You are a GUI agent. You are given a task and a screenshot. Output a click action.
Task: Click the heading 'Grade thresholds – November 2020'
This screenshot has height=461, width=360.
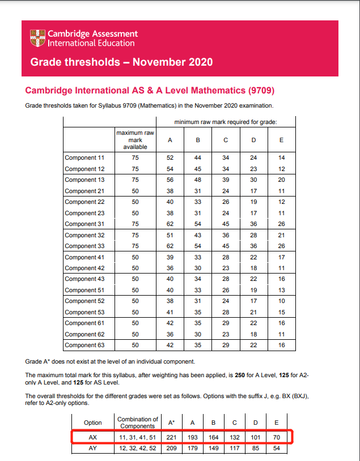[x=121, y=61]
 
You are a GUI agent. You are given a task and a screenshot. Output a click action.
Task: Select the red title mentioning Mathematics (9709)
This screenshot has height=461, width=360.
[x=150, y=91]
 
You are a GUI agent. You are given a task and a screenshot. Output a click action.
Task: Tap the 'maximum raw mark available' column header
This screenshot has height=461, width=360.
[x=135, y=139]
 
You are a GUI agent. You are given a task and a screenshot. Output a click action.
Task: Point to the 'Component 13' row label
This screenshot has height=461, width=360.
[x=81, y=180]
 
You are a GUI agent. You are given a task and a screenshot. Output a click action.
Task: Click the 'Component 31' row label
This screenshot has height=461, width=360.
[x=81, y=224]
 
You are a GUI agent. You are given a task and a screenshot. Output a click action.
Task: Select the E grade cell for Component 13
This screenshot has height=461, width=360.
[x=282, y=180]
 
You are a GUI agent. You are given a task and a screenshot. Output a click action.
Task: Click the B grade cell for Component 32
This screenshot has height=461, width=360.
[x=198, y=235]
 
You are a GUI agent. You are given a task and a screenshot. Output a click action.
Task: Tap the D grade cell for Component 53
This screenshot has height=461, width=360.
[x=254, y=312]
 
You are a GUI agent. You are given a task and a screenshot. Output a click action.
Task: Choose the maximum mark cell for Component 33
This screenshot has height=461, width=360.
[x=135, y=246]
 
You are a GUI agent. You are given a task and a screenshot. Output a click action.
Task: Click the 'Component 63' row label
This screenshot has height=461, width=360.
[x=81, y=345]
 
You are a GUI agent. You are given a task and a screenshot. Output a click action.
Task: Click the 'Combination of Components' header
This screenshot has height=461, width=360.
[x=137, y=422]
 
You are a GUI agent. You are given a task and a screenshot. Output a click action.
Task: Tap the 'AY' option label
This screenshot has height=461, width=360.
[x=92, y=449]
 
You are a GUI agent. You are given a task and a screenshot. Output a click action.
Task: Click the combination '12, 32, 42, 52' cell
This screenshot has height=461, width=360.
[x=137, y=449]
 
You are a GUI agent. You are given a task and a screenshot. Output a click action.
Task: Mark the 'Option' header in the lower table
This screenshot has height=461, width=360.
[x=92, y=422]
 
